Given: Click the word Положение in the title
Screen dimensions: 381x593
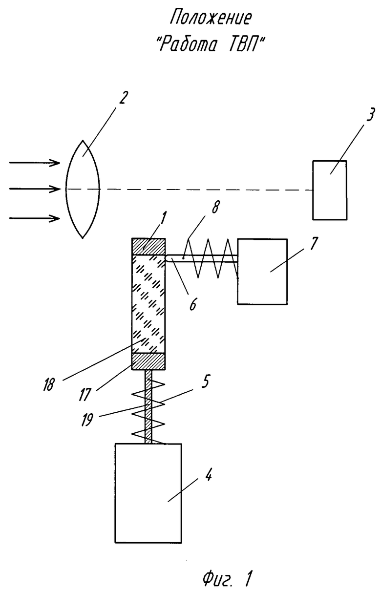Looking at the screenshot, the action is tap(211, 19).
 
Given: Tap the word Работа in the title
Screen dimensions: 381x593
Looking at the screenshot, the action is tap(188, 45).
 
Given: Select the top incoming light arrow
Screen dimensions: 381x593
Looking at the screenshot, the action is tap(35, 163).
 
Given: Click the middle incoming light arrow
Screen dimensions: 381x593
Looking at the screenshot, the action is tap(35, 189).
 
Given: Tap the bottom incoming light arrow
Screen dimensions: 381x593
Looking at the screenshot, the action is tap(35, 218).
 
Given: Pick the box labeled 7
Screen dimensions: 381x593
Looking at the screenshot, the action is tap(262, 272).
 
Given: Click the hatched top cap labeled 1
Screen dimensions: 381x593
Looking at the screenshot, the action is tap(148, 246).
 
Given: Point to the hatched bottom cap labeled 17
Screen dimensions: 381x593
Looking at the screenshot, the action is tap(148, 361).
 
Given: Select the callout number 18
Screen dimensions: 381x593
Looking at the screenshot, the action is tap(49, 385).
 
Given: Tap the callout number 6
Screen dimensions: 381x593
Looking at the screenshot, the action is tap(193, 305).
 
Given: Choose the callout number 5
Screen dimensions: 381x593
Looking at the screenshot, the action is tap(206, 381).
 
